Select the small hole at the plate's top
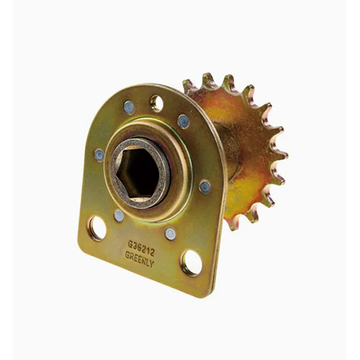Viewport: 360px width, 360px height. click(157, 103)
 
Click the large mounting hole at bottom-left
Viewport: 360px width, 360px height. click(96, 228)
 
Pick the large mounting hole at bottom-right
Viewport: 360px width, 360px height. click(192, 262)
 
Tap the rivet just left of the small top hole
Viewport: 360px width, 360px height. click(129, 107)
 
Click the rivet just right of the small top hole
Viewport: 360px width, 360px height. click(184, 121)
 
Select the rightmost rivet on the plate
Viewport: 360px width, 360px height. click(205, 186)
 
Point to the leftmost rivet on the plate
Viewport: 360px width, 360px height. click(99, 154)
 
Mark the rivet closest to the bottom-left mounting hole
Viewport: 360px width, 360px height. click(119, 215)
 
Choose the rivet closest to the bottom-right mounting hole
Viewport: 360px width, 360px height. click(170, 233)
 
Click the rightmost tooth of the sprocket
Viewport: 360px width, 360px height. click(282, 154)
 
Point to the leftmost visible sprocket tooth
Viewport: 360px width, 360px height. click(189, 86)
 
